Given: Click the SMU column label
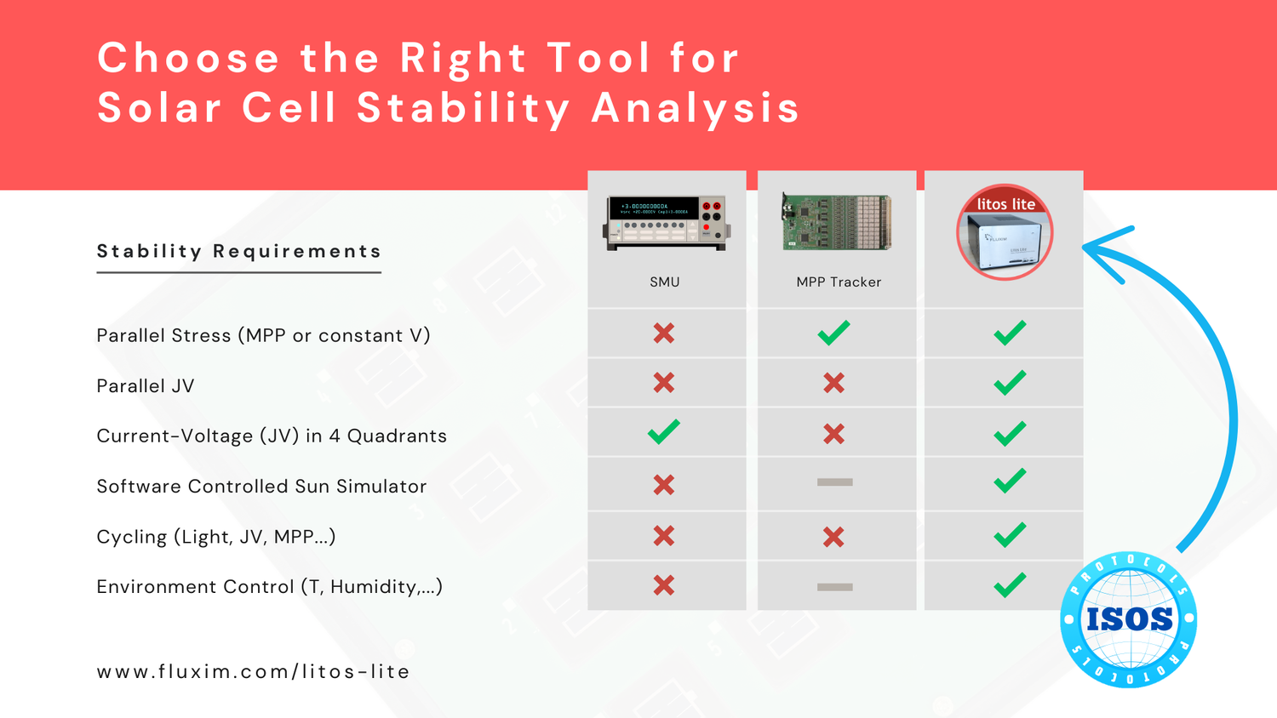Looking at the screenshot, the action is pyautogui.click(x=665, y=282).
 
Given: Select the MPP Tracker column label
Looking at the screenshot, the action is pyautogui.click(x=839, y=282).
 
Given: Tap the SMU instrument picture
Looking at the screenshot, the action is pyautogui.click(x=667, y=223).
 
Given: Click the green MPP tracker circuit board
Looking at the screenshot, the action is pyautogui.click(x=837, y=222).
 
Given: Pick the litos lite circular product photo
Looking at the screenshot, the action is pyautogui.click(x=1005, y=232).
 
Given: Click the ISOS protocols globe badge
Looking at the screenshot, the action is pyautogui.click(x=1129, y=619).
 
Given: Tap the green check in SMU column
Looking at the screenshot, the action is pyautogui.click(x=664, y=431).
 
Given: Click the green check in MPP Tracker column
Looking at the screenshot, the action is pyautogui.click(x=834, y=333).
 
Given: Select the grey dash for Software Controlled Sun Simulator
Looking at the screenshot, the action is pyautogui.click(x=834, y=482).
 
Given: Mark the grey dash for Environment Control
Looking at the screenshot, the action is pyautogui.click(x=834, y=587).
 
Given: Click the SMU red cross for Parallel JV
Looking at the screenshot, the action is pyautogui.click(x=664, y=382).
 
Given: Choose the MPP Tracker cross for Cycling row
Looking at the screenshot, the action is pyautogui.click(x=833, y=537).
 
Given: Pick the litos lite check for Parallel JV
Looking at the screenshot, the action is pyautogui.click(x=1010, y=382).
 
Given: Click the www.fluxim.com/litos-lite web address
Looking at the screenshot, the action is pyautogui.click(x=253, y=671).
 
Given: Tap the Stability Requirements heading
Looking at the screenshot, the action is pyautogui.click(x=239, y=251).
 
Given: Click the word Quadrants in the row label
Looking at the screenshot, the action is pyautogui.click(x=397, y=436).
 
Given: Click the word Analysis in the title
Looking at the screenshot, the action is pyautogui.click(x=696, y=108).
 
